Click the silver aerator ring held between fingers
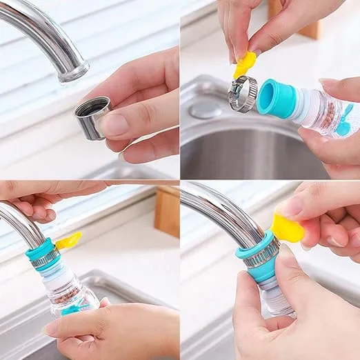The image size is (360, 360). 91,117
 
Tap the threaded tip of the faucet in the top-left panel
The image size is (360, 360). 75,70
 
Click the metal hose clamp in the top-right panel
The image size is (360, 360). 244,94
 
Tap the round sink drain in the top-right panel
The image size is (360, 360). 205,109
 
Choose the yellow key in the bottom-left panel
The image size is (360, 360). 68,241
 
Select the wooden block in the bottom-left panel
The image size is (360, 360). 167,211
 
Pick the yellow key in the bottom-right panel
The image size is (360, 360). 286,228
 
